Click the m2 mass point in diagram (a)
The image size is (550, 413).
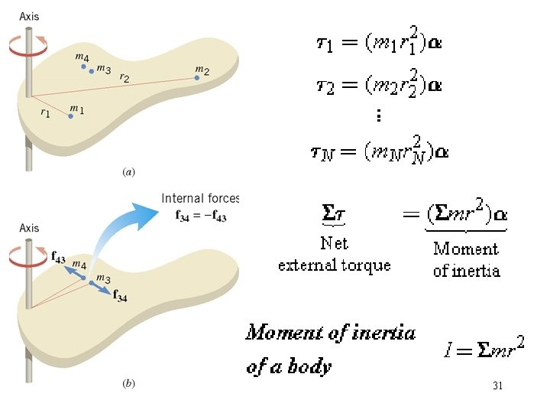197,76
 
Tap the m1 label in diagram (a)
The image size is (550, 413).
77,109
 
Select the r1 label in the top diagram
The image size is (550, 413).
46,112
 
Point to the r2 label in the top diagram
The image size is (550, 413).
123,78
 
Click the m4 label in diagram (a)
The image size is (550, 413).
82,57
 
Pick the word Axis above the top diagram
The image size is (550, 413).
29,15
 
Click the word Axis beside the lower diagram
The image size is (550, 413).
29,228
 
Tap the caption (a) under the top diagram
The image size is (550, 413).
129,173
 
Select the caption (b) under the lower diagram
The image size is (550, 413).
129,384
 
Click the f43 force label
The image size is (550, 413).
58,258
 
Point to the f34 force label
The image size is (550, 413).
120,297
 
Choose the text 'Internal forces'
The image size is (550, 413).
200,199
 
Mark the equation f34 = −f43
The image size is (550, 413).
201,215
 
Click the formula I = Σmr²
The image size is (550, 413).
484,350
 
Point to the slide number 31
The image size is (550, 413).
497,386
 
